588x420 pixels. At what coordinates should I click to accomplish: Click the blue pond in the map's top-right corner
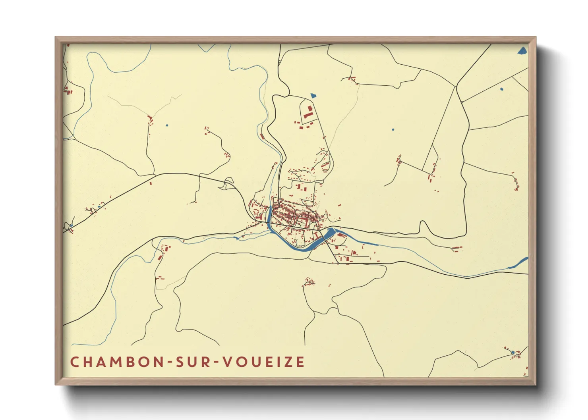click(522, 50)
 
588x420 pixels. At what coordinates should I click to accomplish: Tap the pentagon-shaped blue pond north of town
click(313, 96)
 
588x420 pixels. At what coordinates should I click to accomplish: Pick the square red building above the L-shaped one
click(310, 108)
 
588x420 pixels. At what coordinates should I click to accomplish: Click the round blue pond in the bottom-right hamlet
click(513, 353)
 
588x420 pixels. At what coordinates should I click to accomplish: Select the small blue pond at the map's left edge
click(71, 226)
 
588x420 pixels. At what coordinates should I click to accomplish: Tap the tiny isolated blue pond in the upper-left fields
click(167, 125)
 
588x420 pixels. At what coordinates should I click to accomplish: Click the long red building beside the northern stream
click(262, 137)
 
